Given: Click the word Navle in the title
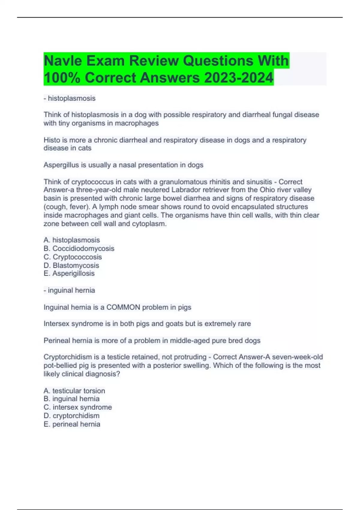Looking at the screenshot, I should [63, 61].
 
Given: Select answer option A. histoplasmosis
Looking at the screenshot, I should [72, 240].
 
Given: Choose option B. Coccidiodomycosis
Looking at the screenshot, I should [79, 248].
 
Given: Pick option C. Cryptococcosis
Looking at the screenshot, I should [73, 257].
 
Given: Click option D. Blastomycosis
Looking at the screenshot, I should [71, 265].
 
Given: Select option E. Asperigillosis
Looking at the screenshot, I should [69, 273].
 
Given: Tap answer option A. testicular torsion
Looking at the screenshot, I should [74, 391].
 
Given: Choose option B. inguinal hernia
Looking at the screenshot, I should [71, 399].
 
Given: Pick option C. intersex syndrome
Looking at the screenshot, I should [78, 407].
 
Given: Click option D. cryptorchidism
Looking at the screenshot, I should [71, 415].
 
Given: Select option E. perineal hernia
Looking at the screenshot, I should [72, 424].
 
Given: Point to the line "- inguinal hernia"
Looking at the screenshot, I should [69, 290].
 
